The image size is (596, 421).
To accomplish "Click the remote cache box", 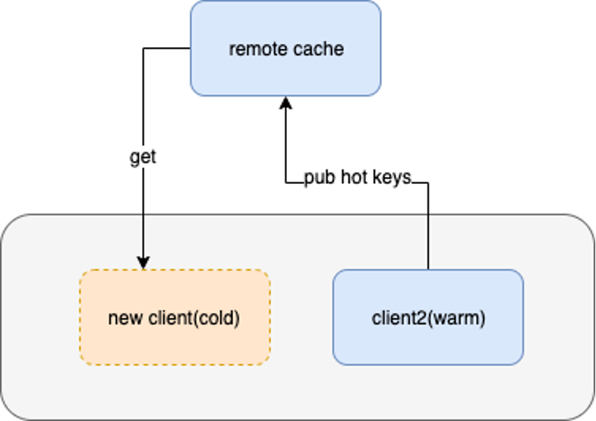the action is (285, 49).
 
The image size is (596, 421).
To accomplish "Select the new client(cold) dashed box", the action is (175, 317).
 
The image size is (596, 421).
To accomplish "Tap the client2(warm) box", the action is (428, 317).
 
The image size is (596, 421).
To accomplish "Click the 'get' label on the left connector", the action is (143, 157).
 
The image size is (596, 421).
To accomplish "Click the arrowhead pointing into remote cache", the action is (285, 103).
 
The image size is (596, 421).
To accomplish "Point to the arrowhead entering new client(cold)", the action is (143, 263).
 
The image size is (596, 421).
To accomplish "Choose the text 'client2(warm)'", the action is (428, 318).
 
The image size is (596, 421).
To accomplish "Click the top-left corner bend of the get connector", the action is (143, 49).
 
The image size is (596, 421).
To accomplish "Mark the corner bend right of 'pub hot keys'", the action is (428, 183).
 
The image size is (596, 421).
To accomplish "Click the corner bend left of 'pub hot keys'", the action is (285, 183).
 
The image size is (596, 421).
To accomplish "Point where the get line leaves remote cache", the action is (190, 49).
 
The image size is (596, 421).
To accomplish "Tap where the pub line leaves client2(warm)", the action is (428, 269).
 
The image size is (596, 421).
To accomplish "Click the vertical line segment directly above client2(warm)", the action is (428, 226).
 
